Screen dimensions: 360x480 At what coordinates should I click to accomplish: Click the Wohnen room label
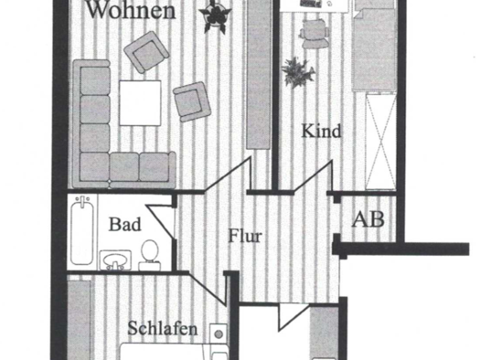click(x=131, y=12)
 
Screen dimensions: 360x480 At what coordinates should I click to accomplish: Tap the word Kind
click(x=321, y=132)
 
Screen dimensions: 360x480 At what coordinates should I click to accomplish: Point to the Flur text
click(x=245, y=237)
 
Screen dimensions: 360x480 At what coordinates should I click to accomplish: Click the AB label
click(x=368, y=219)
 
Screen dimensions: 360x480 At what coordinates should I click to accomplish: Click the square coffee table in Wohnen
click(x=136, y=104)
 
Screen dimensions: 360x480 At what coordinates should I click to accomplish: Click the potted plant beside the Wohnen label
click(x=219, y=16)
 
